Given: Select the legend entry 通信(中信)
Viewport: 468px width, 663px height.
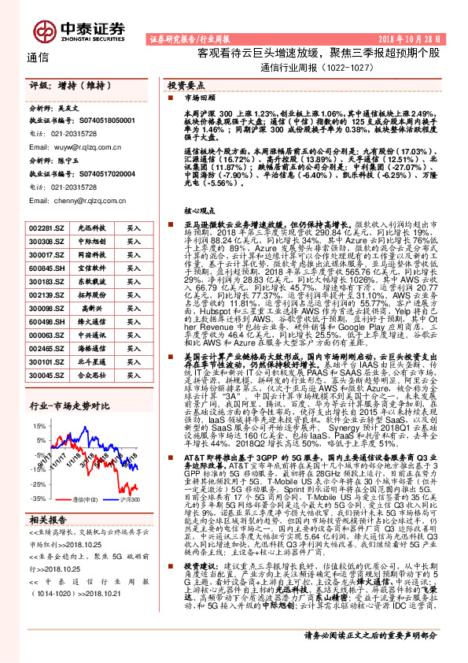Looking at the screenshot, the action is pyautogui.click(x=84, y=499).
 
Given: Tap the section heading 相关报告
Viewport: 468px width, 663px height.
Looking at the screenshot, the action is pyautogui.click(x=48, y=520).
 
